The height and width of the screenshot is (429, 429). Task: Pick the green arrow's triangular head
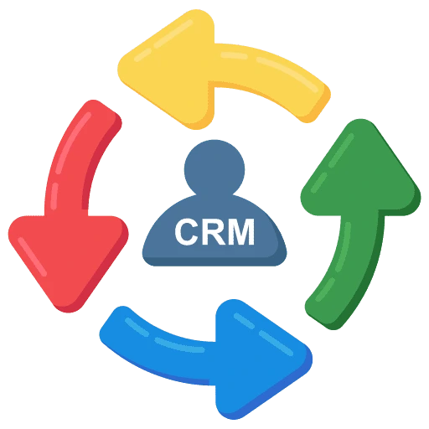(360, 173)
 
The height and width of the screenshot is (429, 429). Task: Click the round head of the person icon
(214, 169)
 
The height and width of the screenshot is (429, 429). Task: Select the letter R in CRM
(214, 232)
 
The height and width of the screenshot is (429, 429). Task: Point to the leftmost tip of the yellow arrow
(118, 70)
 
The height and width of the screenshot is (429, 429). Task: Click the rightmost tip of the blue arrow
(312, 359)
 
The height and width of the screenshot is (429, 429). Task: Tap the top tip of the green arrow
(361, 120)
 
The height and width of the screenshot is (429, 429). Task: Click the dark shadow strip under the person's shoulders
(214, 261)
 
